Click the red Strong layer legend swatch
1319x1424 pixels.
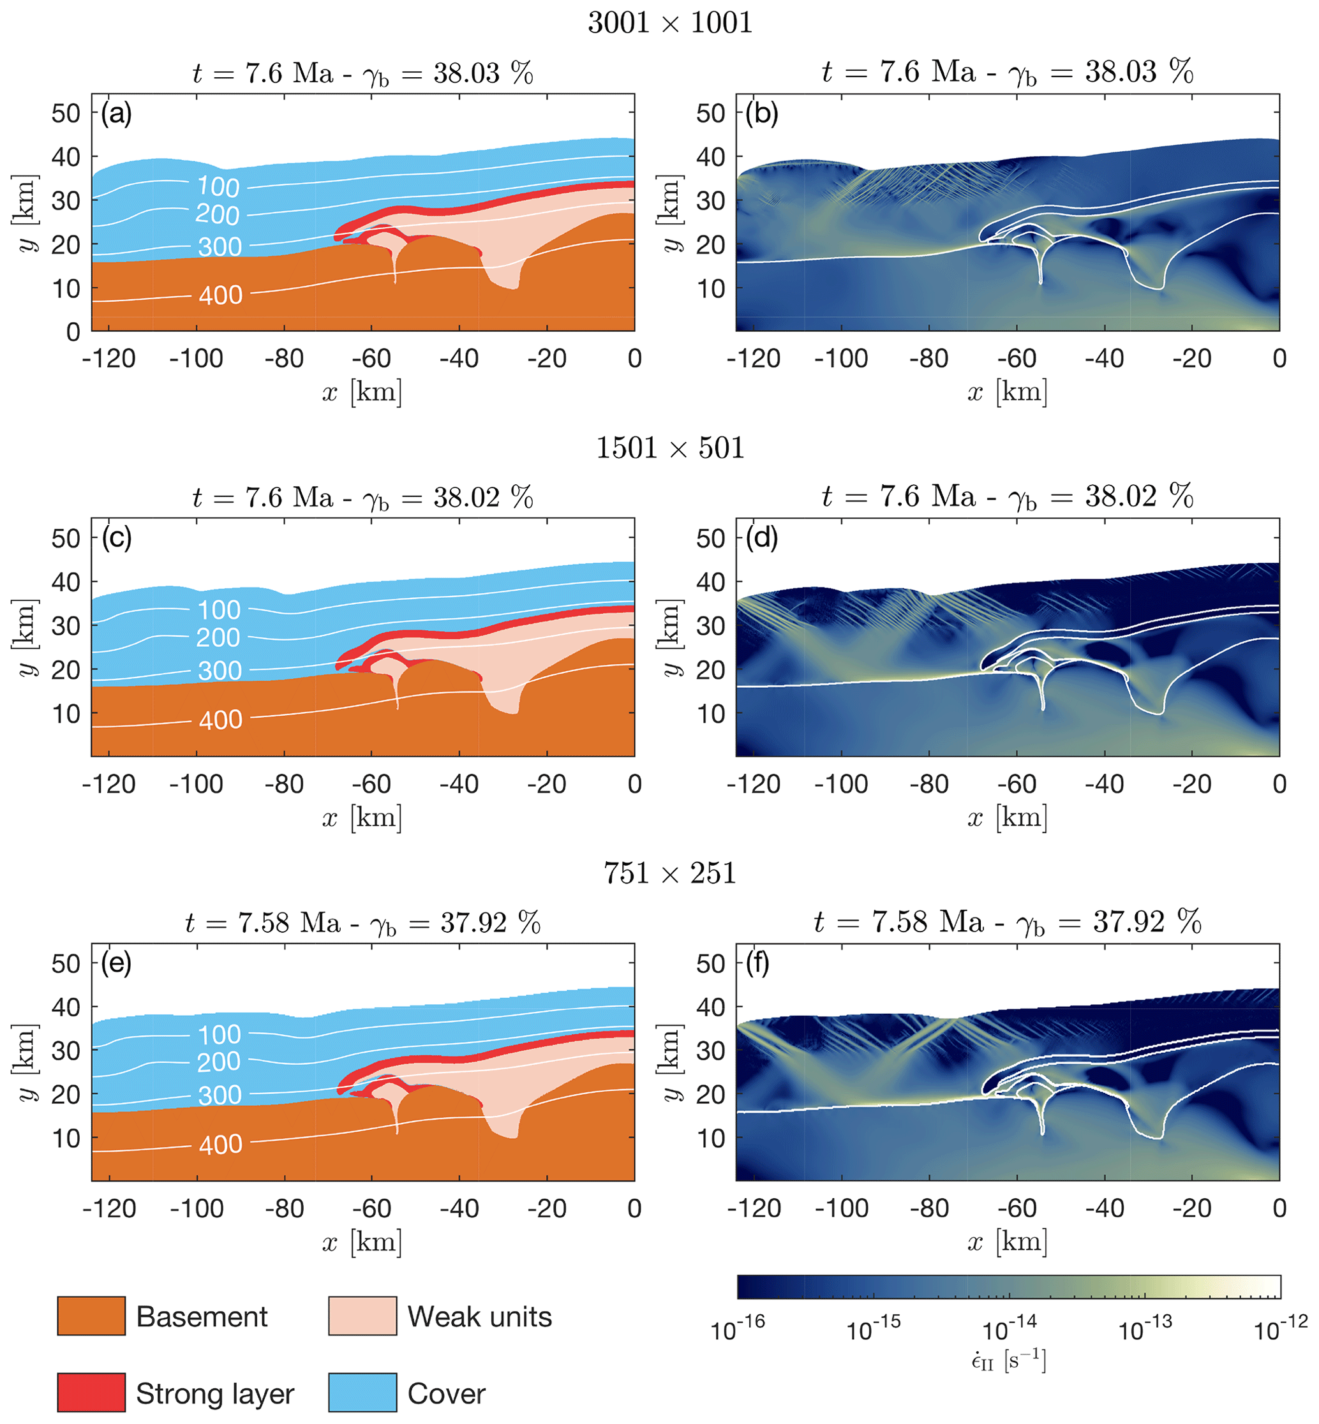click(x=91, y=1392)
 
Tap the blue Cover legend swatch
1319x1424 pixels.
click(x=362, y=1392)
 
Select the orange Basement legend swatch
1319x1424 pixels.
click(x=91, y=1316)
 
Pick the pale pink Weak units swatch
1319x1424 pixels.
click(x=362, y=1316)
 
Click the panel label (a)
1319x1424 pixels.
click(x=116, y=114)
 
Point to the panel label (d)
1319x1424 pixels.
click(x=761, y=538)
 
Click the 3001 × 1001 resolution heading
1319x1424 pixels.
click(x=669, y=23)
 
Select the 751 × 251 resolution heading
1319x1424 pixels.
click(x=669, y=873)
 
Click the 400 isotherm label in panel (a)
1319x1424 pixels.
click(x=221, y=295)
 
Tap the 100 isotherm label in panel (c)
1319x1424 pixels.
click(x=219, y=610)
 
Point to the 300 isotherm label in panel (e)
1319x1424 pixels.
click(x=220, y=1095)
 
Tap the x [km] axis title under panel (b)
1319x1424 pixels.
click(x=1007, y=392)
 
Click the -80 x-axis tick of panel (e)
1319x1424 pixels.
click(x=284, y=1208)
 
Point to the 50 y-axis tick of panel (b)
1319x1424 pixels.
click(x=710, y=113)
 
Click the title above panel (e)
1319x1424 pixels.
click(x=362, y=923)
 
